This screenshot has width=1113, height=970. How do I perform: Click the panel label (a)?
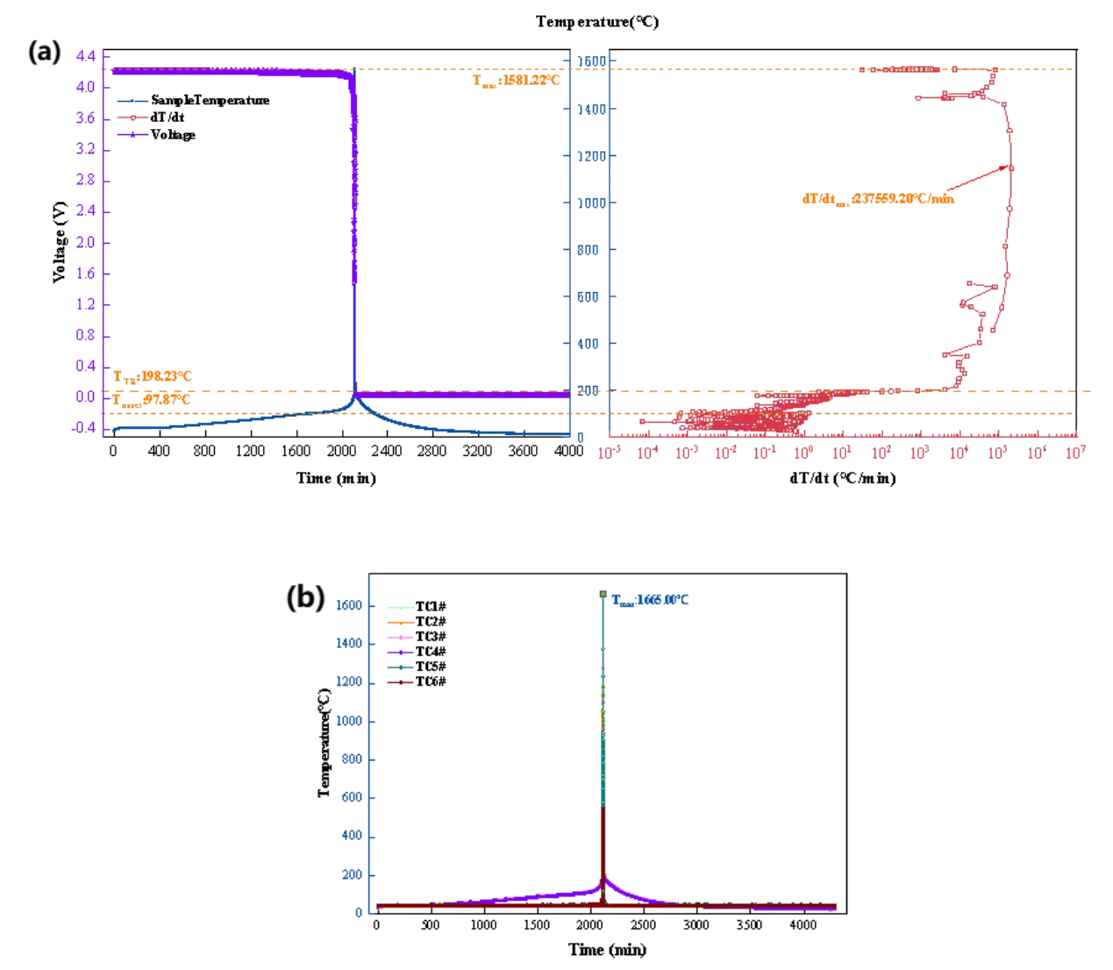[x=45, y=53]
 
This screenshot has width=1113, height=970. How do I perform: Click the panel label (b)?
[x=305, y=597]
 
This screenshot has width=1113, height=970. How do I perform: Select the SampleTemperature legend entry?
[x=209, y=101]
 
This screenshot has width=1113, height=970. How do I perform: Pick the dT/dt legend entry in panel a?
[x=167, y=118]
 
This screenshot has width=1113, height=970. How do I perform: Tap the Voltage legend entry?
[x=172, y=135]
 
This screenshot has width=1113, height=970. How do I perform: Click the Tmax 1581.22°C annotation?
[x=516, y=81]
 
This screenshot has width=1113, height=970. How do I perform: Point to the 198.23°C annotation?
[x=153, y=377]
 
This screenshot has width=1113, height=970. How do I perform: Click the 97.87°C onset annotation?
[x=151, y=400]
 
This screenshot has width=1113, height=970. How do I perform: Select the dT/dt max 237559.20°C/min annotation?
[x=878, y=199]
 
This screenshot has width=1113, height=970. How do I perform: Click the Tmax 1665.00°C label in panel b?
[x=650, y=601]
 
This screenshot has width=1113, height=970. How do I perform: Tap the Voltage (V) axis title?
[x=60, y=242]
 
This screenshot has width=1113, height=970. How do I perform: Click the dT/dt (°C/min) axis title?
[x=842, y=478]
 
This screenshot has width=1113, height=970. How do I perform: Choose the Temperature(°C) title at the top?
[x=597, y=22]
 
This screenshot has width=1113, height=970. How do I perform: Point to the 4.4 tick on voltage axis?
[x=85, y=56]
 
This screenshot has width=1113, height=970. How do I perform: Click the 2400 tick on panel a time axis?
[x=386, y=451]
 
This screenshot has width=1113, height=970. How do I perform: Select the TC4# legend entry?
[x=430, y=652]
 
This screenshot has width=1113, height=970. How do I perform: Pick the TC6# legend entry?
[x=430, y=681]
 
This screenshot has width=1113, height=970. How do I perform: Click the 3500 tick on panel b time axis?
[x=749, y=925]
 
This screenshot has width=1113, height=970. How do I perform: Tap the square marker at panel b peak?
[x=603, y=595]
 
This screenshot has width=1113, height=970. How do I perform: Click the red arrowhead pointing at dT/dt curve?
[x=1005, y=168]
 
